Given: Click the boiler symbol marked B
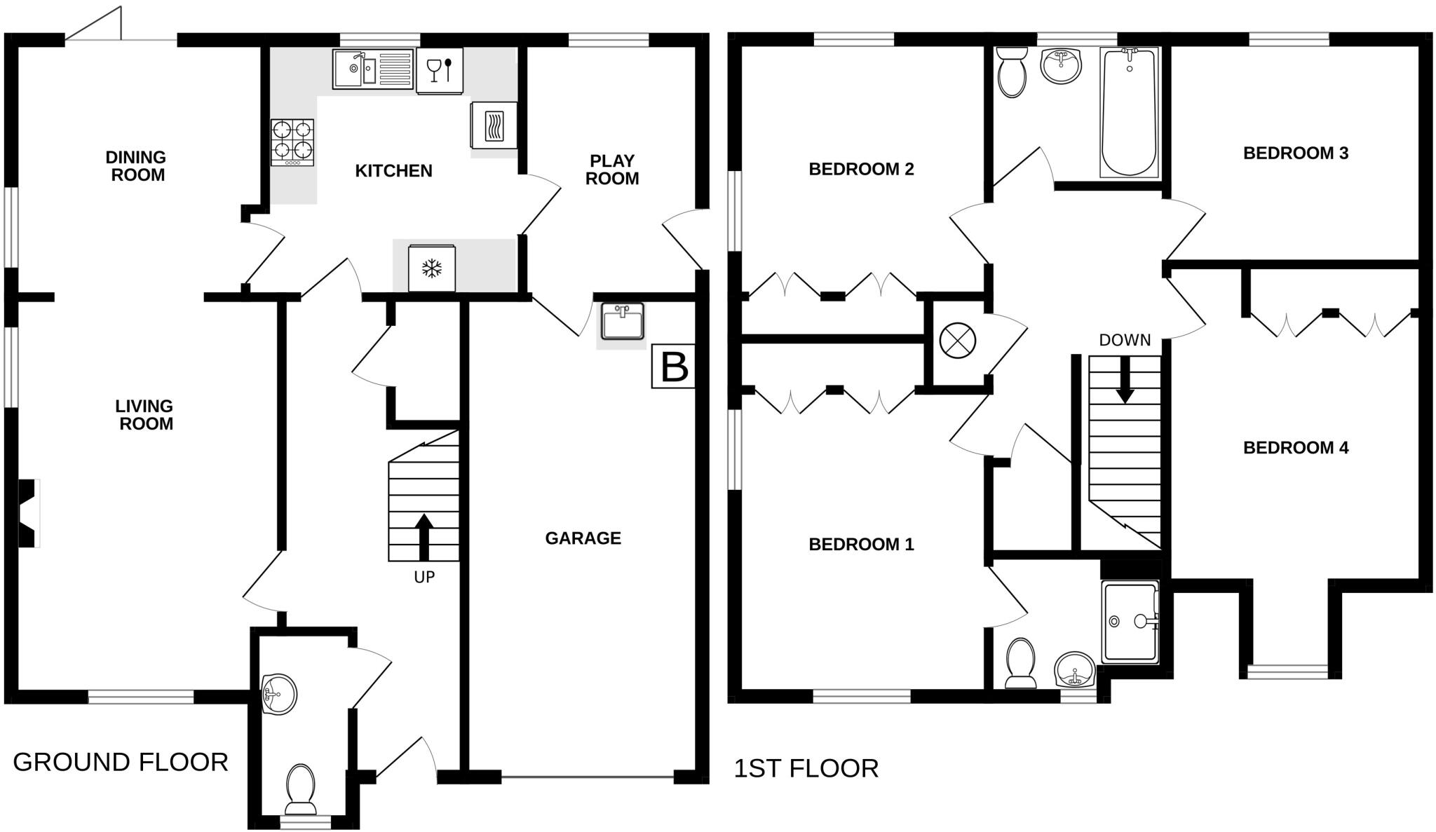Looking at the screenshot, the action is pyautogui.click(x=674, y=366).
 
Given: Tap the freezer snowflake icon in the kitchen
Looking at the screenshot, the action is pyautogui.click(x=431, y=268).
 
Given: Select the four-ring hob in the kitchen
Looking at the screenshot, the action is pyautogui.click(x=292, y=142).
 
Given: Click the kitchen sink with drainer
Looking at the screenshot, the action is pyautogui.click(x=373, y=68).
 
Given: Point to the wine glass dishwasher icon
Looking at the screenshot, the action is pyautogui.click(x=440, y=69).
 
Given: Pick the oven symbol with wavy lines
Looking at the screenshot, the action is pyautogui.click(x=494, y=125).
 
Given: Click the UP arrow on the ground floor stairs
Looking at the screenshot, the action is pyautogui.click(x=424, y=537).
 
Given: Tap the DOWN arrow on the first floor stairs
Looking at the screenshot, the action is pyautogui.click(x=1125, y=380).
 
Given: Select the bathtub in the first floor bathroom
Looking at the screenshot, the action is pyautogui.click(x=1129, y=111).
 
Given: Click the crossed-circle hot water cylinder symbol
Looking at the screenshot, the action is pyautogui.click(x=957, y=341).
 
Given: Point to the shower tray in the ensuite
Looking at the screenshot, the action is pyautogui.click(x=1130, y=622).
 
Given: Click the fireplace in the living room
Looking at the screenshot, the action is pyautogui.click(x=29, y=513).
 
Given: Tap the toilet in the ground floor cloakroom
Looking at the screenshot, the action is pyautogui.click(x=300, y=789).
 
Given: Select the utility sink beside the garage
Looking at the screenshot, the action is pyautogui.click(x=622, y=322).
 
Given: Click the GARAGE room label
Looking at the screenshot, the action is pyautogui.click(x=583, y=538).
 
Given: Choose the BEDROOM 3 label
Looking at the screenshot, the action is pyautogui.click(x=1296, y=153).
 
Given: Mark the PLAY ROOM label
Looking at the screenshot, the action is pyautogui.click(x=612, y=170).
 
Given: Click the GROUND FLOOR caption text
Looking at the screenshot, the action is pyautogui.click(x=121, y=762).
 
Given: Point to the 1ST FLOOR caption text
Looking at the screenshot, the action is pyautogui.click(x=806, y=769).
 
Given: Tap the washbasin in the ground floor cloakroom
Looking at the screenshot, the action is pyautogui.click(x=278, y=694).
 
